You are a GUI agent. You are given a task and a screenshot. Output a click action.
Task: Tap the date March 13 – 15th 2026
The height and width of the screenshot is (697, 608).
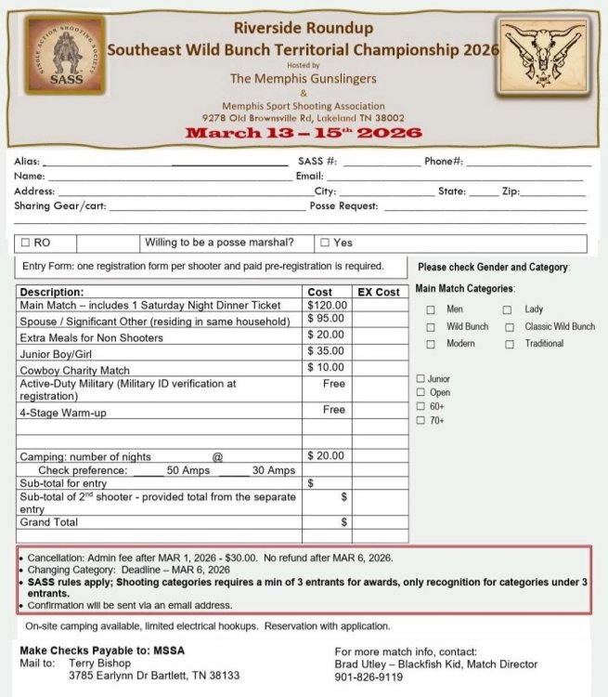click(x=304, y=133)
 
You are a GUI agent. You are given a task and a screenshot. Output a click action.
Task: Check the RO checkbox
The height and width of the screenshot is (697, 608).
click(x=26, y=243)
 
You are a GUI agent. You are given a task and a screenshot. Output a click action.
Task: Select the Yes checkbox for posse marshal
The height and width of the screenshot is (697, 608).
click(x=325, y=243)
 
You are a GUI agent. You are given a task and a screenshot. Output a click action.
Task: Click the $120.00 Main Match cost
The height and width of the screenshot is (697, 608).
click(x=328, y=305)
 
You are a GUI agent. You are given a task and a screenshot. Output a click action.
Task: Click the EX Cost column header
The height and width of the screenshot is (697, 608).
click(x=379, y=292)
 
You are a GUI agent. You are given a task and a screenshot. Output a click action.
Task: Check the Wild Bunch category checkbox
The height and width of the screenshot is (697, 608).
click(x=431, y=327)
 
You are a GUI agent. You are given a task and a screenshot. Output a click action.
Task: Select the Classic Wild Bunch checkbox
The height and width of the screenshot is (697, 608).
click(x=510, y=327)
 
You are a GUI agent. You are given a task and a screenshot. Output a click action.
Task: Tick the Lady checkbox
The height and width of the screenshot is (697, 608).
click(x=509, y=309)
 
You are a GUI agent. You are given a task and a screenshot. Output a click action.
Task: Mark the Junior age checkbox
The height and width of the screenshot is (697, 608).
click(x=421, y=379)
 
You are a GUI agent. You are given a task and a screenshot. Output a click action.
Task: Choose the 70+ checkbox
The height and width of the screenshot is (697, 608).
click(x=421, y=421)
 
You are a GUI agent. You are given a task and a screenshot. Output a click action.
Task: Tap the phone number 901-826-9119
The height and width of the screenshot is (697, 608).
click(x=369, y=677)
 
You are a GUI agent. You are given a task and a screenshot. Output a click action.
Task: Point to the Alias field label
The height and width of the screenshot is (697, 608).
click(x=27, y=161)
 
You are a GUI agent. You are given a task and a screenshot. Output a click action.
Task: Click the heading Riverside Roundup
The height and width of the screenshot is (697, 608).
click(x=304, y=28)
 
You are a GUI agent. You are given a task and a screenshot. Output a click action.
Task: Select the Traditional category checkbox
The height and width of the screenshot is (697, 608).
click(x=510, y=344)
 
